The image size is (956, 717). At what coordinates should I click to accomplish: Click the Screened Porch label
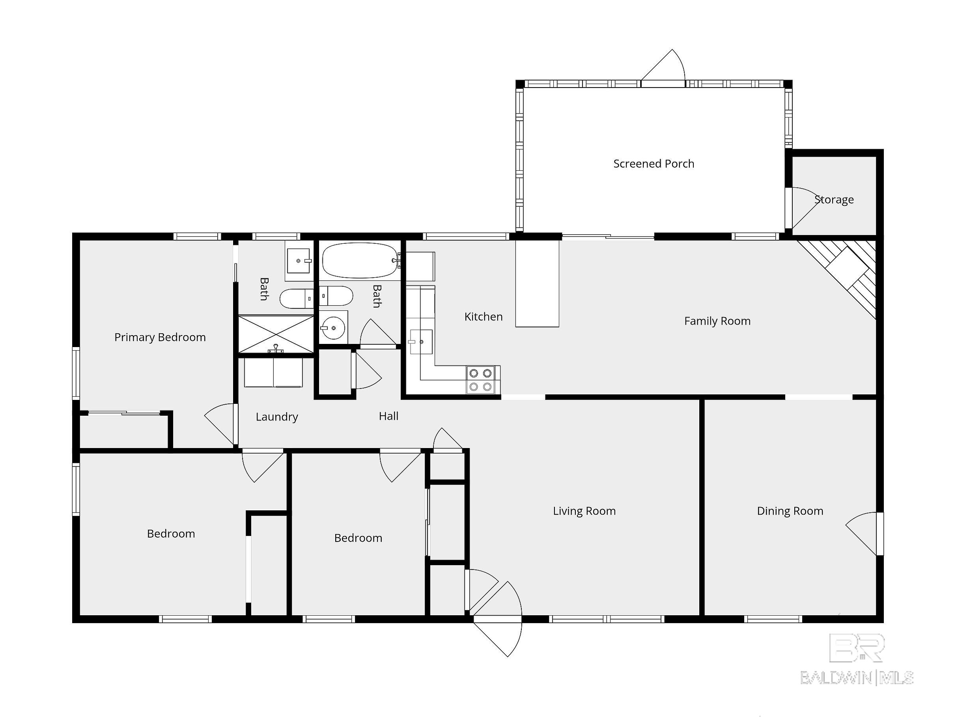(654, 164)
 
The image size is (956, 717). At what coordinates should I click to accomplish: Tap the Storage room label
(834, 200)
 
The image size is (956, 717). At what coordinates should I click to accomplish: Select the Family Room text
(717, 321)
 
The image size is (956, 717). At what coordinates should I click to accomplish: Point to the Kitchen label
(483, 317)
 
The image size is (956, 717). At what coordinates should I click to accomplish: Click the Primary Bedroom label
(160, 337)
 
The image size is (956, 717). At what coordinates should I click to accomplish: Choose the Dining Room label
(790, 511)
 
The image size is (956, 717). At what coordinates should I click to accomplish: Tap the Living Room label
(584, 511)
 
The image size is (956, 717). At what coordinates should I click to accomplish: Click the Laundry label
(276, 416)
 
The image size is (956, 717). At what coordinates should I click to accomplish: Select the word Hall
(388, 416)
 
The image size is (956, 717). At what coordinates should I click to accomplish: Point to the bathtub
(360, 260)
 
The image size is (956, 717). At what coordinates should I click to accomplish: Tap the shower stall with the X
(276, 334)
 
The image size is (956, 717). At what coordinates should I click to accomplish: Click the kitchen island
(537, 283)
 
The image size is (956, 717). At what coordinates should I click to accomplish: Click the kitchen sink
(420, 342)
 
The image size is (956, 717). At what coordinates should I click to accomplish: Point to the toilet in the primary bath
(296, 299)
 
